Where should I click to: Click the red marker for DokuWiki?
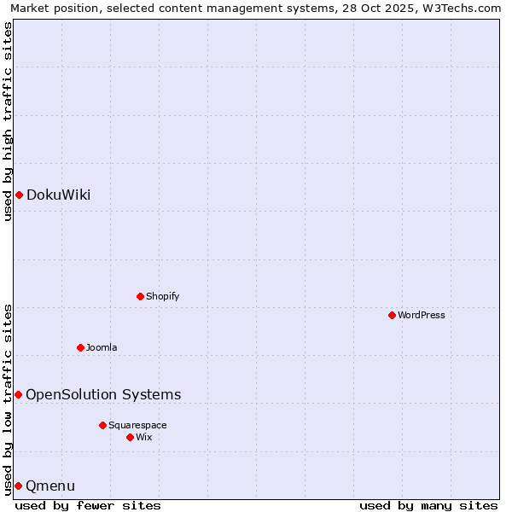[x=19, y=195]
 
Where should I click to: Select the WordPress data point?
[x=392, y=315]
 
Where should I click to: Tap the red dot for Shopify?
[x=140, y=296]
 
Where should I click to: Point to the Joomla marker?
[x=80, y=347]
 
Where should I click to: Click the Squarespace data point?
[x=102, y=425]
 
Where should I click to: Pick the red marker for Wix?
[x=130, y=437]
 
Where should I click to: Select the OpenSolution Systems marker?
[x=18, y=394]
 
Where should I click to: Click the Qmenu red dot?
[x=18, y=486]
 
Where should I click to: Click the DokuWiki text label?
[x=58, y=195]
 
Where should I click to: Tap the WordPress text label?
[x=422, y=315]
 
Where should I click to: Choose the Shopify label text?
[x=162, y=296]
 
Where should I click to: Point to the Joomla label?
[x=102, y=347]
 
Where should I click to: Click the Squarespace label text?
[x=137, y=425]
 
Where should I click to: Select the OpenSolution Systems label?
[x=103, y=394]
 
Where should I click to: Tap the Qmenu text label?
[x=50, y=486]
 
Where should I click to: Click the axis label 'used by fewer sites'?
[x=88, y=505]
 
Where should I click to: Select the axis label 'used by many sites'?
[x=428, y=505]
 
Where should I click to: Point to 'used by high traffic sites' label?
[x=8, y=121]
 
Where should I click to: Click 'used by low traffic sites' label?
[x=8, y=399]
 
